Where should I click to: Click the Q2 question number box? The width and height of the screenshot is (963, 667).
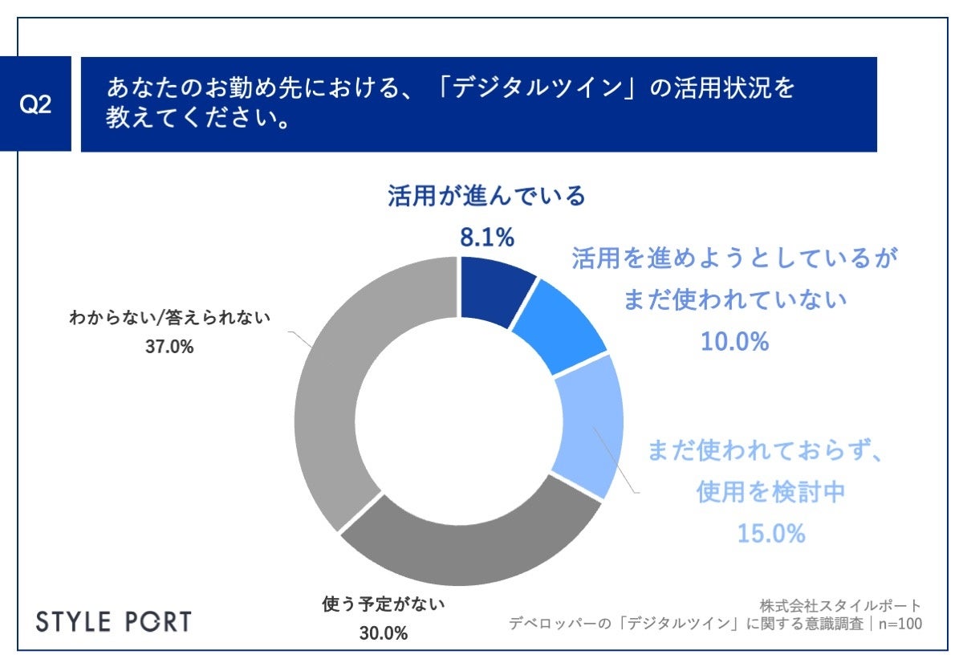pyautogui.click(x=36, y=105)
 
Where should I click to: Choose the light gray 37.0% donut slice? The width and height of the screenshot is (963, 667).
pyautogui.click(x=337, y=385)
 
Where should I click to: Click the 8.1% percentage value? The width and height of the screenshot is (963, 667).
pyautogui.click(x=486, y=237)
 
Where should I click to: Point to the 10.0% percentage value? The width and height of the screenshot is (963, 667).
pyautogui.click(x=735, y=342)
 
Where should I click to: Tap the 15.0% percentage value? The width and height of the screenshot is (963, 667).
pyautogui.click(x=771, y=533)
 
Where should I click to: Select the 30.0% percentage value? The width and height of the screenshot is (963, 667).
pyautogui.click(x=383, y=632)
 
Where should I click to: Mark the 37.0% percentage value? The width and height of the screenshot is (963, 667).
pyautogui.click(x=169, y=348)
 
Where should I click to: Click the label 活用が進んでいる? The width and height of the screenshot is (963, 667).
pyautogui.click(x=487, y=197)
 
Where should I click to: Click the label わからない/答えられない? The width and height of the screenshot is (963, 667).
pyautogui.click(x=169, y=319)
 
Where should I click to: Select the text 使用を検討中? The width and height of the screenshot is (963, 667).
pyautogui.click(x=771, y=492)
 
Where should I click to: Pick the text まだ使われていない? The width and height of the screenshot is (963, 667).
pyautogui.click(x=735, y=301)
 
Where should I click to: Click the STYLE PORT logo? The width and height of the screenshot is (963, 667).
pyautogui.click(x=115, y=620)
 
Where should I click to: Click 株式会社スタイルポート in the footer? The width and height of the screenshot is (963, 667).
pyautogui.click(x=839, y=605)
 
